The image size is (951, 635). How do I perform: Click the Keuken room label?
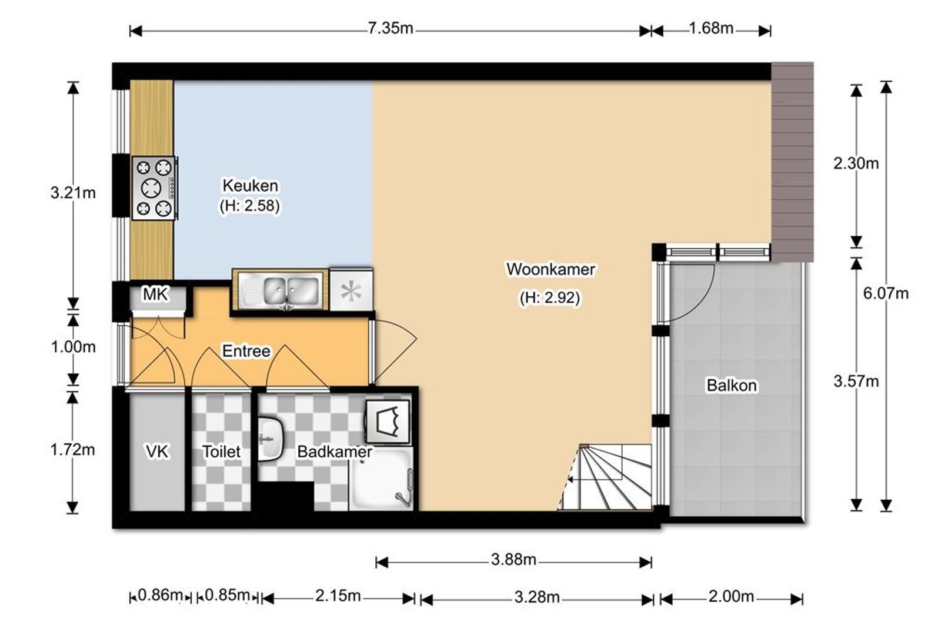[x=251, y=185]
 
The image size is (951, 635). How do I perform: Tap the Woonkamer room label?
[x=550, y=269]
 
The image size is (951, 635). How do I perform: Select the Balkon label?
[x=732, y=386]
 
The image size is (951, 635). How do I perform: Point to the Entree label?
[x=246, y=351]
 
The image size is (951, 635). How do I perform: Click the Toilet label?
[x=221, y=452]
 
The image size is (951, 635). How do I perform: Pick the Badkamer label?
[x=335, y=452]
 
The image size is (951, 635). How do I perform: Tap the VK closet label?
[x=156, y=452]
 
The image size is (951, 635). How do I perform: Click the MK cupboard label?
[x=155, y=294]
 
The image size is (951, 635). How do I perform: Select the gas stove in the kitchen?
[x=154, y=188]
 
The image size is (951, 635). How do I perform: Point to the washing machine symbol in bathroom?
[x=388, y=422]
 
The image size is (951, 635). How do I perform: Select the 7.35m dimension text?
[x=390, y=28]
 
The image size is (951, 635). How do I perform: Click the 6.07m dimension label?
[x=886, y=293]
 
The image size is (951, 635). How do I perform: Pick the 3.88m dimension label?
[x=513, y=560]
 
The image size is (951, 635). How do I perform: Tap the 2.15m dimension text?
[x=338, y=596]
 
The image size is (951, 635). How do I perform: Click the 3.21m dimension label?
[x=73, y=193]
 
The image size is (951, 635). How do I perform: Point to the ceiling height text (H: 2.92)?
[x=550, y=298]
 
